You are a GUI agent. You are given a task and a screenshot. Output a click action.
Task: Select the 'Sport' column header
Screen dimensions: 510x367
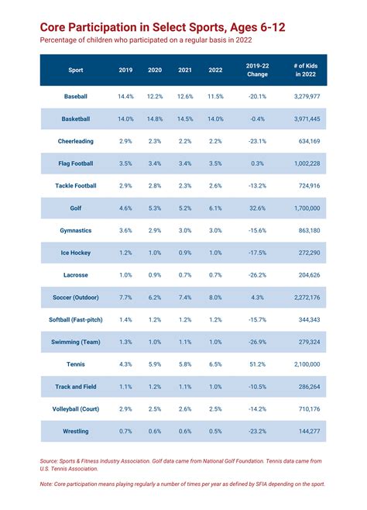pyautogui.click(x=75, y=70)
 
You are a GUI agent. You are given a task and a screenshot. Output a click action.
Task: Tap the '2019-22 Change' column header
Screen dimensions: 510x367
pyautogui.click(x=258, y=70)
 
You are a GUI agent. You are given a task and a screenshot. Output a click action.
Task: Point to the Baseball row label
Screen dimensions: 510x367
pyautogui.click(x=75, y=97)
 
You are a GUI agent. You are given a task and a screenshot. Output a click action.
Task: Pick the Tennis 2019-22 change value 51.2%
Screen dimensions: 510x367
pyautogui.click(x=258, y=364)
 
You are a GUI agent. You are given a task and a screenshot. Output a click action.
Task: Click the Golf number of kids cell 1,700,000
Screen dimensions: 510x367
pyautogui.click(x=307, y=208)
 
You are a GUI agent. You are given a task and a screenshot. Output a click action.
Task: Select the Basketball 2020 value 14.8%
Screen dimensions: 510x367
pyautogui.click(x=155, y=119)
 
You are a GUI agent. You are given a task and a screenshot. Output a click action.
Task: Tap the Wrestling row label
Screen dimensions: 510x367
pyautogui.click(x=75, y=431)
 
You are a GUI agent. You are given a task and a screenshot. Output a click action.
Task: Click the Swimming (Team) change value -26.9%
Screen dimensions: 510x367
pyautogui.click(x=257, y=342)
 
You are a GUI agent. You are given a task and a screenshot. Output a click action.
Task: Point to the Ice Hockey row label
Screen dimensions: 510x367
pyautogui.click(x=75, y=253)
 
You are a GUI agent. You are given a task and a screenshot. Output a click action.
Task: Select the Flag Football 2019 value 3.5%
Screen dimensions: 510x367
pyautogui.click(x=125, y=164)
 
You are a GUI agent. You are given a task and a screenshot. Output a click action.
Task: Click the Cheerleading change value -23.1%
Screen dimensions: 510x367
pyautogui.click(x=257, y=142)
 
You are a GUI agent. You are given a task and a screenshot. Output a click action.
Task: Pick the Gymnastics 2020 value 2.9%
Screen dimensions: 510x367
pyautogui.click(x=155, y=231)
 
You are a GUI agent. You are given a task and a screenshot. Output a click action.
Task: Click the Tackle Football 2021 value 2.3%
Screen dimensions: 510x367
pyautogui.click(x=184, y=186)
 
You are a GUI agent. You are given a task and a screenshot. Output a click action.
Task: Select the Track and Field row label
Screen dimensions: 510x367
pyautogui.click(x=75, y=386)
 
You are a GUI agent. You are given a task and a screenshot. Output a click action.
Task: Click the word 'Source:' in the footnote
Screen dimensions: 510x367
pyautogui.click(x=51, y=461)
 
